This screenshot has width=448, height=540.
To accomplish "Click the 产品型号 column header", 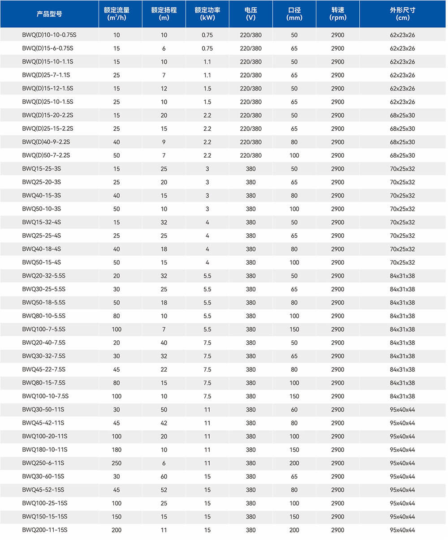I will coord(49,14).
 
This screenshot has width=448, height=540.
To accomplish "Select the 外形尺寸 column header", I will coord(402,14).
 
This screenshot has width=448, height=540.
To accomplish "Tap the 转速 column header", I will coord(338,14).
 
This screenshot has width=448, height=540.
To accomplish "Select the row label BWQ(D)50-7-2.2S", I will coord(46,155).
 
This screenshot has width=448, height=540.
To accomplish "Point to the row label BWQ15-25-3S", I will coord(41,169).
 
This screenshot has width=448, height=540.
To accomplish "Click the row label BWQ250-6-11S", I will coord(43,463).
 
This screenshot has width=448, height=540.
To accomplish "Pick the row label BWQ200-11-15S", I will coord(44,530).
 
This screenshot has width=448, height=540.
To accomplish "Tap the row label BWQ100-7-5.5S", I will coord(44,329).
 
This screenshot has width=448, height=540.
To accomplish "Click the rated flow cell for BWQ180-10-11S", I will coord(117,450).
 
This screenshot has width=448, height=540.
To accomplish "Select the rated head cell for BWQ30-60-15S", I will coord(164,476).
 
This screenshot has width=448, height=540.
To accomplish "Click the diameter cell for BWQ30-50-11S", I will coord(294,409).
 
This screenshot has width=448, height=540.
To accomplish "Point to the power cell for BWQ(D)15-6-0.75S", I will coord(207,48).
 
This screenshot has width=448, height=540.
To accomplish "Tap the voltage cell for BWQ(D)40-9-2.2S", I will coord(251,142).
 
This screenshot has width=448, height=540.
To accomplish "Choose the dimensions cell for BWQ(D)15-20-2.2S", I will coord(402,115).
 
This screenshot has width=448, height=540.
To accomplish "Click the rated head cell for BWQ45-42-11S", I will coord(164,423).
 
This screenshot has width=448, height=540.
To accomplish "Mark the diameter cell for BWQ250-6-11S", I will coord(294,463).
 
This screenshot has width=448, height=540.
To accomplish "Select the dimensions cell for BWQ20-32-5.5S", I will coord(402,276).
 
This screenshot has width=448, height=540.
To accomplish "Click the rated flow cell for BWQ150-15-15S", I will coord(117,517).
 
